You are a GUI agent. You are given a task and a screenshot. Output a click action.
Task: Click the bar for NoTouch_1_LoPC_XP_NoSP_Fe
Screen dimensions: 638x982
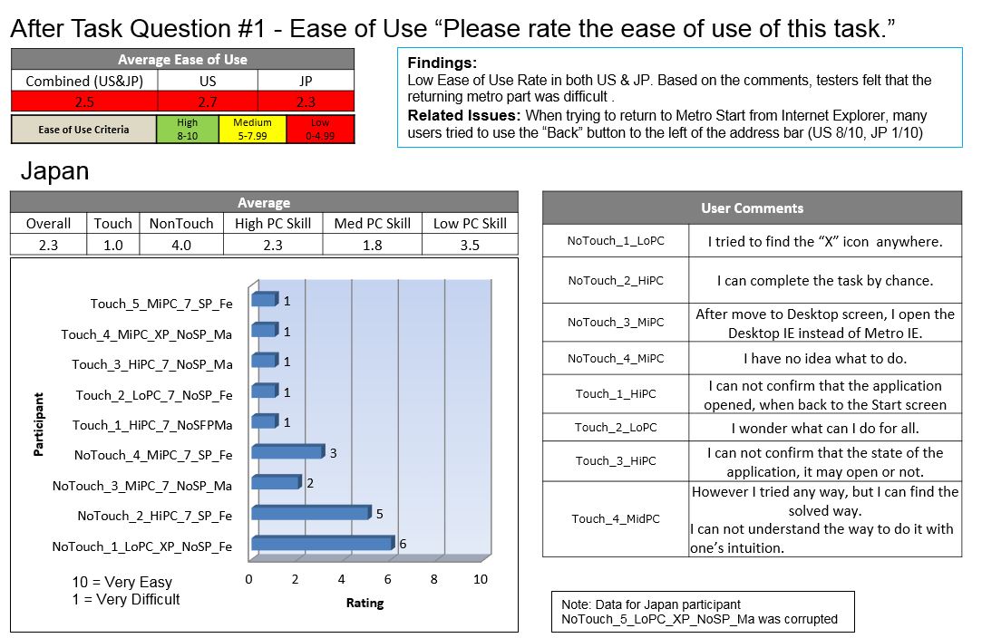pos(322,544)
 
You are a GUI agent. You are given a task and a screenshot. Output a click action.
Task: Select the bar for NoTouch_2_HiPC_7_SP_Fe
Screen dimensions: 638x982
pos(310,513)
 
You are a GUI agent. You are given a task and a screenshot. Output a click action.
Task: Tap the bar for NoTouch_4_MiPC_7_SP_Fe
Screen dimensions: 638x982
pos(287,451)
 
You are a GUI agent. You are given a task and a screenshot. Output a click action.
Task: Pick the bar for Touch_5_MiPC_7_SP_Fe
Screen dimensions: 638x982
pos(264,299)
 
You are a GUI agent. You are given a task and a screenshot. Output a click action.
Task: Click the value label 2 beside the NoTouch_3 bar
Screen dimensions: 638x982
pos(310,483)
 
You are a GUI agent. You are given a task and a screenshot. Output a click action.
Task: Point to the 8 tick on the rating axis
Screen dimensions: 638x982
pos(433,579)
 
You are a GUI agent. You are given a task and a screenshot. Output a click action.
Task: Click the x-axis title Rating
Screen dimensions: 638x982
pos(365,603)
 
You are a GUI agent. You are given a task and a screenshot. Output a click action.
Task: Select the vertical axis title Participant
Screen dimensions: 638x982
pos(38,423)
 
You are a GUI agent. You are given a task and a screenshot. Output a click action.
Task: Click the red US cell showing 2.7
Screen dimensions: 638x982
pos(208,101)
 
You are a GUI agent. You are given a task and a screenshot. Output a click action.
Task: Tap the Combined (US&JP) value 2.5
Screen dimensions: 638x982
pos(83,101)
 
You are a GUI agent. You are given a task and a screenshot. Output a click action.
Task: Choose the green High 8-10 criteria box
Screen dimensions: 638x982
pos(187,129)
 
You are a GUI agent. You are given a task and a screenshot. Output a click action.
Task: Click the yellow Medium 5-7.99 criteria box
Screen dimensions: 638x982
pos(252,129)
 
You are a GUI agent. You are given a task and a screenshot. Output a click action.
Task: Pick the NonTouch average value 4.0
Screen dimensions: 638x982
pos(180,245)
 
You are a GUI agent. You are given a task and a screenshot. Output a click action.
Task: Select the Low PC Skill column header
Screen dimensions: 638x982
pos(470,223)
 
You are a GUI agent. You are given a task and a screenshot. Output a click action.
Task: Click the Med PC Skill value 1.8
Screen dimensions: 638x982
pos(372,245)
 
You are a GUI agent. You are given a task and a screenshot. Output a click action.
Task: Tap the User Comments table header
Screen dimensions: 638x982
pos(752,208)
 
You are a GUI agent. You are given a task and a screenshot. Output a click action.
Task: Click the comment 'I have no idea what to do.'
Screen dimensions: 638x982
pos(824,358)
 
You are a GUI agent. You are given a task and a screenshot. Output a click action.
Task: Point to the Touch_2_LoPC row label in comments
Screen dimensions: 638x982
pos(616,427)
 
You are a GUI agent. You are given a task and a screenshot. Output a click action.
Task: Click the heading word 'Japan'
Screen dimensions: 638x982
pos(54,170)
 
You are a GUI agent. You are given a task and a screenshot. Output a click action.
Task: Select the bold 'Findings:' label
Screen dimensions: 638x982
pos(442,63)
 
